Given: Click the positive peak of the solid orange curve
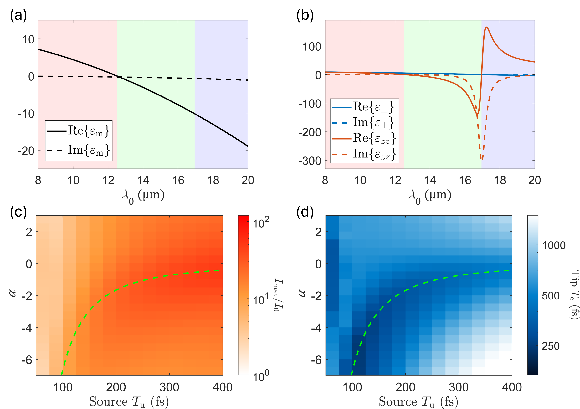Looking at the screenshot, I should click(x=486, y=27).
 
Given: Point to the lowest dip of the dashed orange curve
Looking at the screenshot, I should click(x=482, y=159).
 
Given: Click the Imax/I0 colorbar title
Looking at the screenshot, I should click(x=278, y=295).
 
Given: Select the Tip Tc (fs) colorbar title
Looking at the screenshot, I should click(x=574, y=295).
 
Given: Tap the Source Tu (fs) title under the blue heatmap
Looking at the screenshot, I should click(x=418, y=401).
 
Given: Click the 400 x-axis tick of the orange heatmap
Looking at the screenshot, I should click(x=222, y=387).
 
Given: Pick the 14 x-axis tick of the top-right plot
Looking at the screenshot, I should click(x=430, y=180).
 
